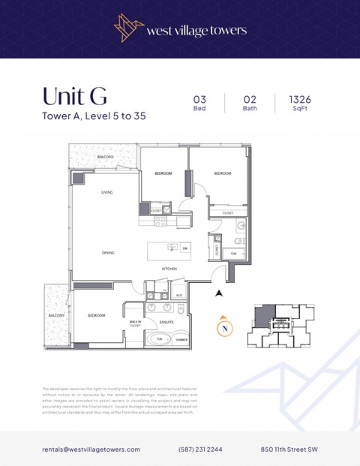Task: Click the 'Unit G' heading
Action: coord(74,97)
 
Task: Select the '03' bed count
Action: coord(199,98)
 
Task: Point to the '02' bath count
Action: coord(250,98)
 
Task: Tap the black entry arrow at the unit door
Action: coord(218,293)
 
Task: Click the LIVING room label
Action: coord(107,193)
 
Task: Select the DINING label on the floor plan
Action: coord(108,253)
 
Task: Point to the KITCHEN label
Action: coord(169,268)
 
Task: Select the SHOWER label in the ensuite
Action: coord(181,340)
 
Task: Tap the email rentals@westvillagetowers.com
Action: coord(91,449)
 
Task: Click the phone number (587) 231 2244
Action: coord(199,449)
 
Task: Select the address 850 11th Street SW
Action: coord(289,449)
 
